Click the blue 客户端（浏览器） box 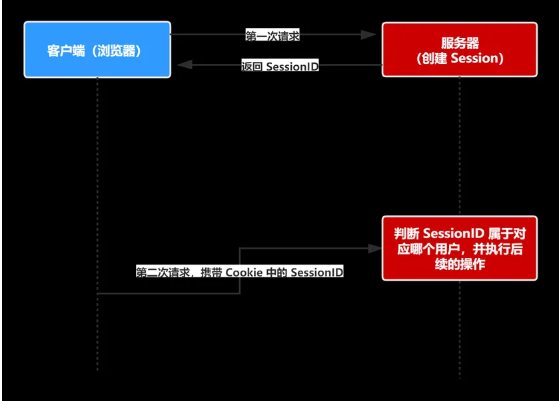pyautogui.click(x=97, y=50)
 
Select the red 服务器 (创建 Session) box pyautogui.click(x=459, y=50)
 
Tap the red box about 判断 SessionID pyautogui.click(x=459, y=248)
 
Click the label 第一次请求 pyautogui.click(x=273, y=36)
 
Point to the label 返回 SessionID pyautogui.click(x=280, y=67)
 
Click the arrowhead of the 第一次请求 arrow pyautogui.click(x=370, y=35)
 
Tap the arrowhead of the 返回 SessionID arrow pyautogui.click(x=184, y=65)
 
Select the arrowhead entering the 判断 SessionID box pyautogui.click(x=374, y=248)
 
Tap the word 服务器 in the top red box pyautogui.click(x=459, y=42)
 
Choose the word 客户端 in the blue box pyautogui.click(x=66, y=51)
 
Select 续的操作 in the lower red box pyautogui.click(x=459, y=264)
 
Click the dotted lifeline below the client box pyautogui.click(x=97, y=166)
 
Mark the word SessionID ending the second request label pyautogui.click(x=317, y=273)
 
